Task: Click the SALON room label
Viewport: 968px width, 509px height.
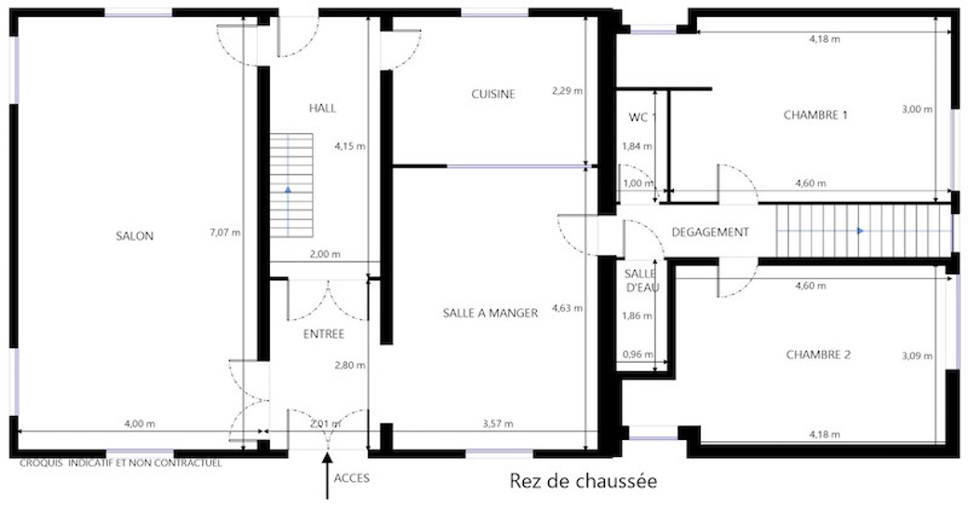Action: pos(135,235)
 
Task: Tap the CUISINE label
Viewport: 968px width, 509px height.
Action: pos(493,94)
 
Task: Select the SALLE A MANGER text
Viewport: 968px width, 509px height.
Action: pos(491,313)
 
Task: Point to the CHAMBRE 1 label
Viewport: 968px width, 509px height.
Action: pos(815,114)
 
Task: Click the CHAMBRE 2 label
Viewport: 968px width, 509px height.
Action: pos(818,355)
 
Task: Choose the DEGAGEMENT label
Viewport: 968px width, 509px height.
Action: pos(710,232)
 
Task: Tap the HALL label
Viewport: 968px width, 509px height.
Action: pos(322,109)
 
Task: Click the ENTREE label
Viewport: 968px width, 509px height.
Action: pos(324,334)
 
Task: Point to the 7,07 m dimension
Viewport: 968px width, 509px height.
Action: pos(225,233)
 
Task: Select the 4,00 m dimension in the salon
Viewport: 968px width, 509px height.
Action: pos(140,424)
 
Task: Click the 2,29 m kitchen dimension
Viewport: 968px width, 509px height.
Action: pos(568,90)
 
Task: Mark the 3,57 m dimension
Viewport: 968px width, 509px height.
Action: pos(498,424)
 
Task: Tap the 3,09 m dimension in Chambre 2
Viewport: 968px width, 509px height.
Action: pos(917,355)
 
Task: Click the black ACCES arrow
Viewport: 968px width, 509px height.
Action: pos(328,476)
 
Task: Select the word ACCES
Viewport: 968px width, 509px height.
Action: pos(351,478)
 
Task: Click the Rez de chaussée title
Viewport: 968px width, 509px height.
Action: pos(584,481)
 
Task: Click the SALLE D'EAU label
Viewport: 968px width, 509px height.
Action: pos(642,280)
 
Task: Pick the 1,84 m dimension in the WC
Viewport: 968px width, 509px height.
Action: pos(637,146)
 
